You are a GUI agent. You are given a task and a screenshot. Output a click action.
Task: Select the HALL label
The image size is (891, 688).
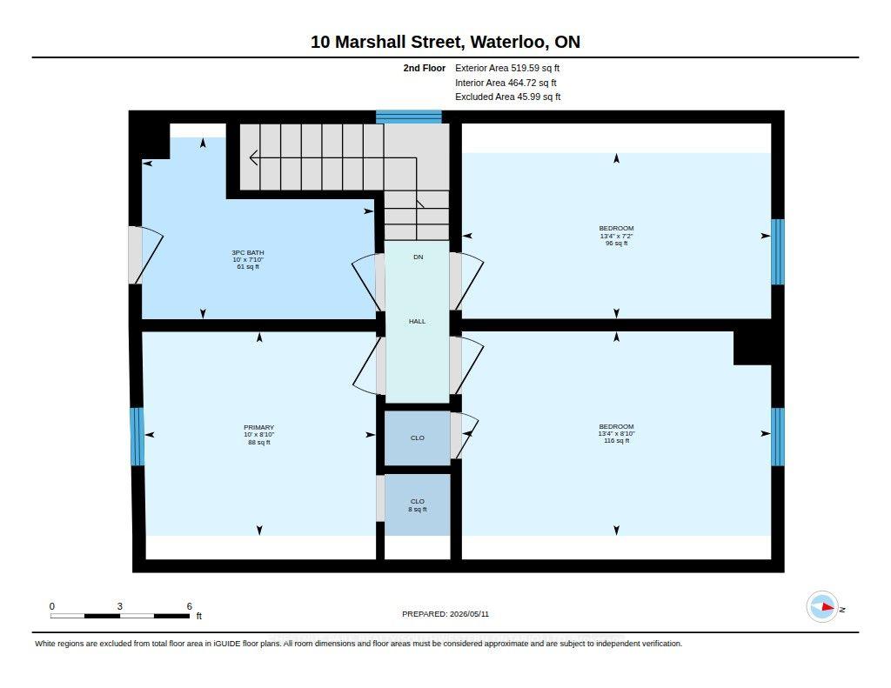[417, 322]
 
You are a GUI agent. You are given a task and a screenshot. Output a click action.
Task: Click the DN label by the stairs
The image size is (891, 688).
[419, 257]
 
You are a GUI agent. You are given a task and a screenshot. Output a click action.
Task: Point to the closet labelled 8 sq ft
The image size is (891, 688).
[418, 505]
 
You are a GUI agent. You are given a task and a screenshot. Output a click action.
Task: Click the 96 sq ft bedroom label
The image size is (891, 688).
[617, 236]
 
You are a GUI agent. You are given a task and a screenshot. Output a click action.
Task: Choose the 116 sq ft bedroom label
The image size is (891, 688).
[617, 433]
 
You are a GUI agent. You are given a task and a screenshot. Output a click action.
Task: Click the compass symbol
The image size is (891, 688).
[823, 607]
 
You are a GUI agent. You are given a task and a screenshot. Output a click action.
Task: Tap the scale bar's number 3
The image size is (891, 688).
[120, 606]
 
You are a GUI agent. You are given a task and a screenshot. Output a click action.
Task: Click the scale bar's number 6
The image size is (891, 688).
[189, 606]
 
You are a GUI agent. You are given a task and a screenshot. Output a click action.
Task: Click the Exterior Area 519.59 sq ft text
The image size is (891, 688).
[507, 68]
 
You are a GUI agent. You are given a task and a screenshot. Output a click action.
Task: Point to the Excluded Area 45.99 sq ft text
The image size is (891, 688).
[508, 97]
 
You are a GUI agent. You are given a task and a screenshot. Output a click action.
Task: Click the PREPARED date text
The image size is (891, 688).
[445, 614]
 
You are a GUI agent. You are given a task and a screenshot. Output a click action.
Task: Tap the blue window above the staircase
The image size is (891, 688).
[409, 117]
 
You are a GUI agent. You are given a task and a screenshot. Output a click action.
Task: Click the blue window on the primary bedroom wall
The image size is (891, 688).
[137, 437]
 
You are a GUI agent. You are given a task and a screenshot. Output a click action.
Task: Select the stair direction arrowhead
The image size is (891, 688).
[253, 158]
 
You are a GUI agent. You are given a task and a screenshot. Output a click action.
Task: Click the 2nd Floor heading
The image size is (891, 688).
[425, 68]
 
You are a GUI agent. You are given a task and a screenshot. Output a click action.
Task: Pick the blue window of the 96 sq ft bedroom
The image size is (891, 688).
[778, 251]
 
